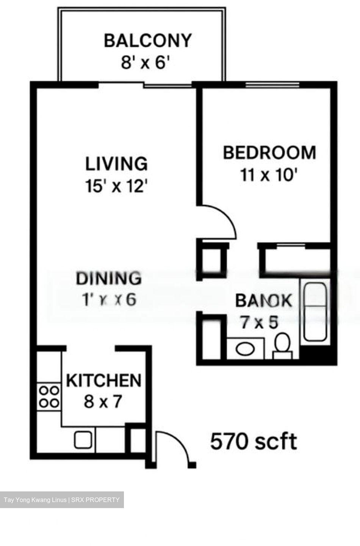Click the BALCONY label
(x=148, y=41)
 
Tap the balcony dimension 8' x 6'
(x=144, y=62)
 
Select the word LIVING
(x=116, y=164)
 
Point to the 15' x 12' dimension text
(x=116, y=186)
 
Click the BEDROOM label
(x=269, y=152)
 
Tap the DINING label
(x=109, y=278)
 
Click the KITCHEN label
(x=103, y=380)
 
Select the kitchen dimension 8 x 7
(x=103, y=401)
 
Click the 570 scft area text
(x=254, y=441)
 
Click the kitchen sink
(x=83, y=440)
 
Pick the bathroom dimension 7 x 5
(x=259, y=322)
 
